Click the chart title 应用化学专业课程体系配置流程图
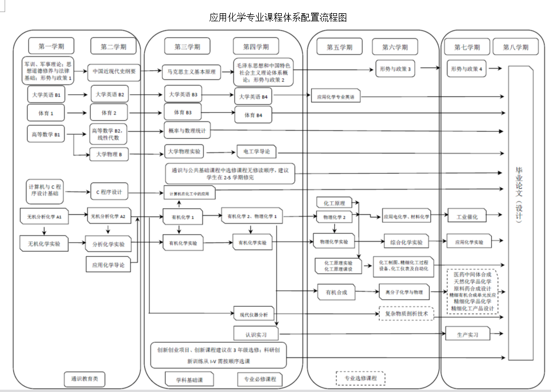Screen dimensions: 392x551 click(278, 17)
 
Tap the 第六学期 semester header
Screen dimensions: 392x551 click(395, 47)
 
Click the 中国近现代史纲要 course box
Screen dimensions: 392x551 click(114, 72)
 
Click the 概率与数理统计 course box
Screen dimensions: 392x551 click(188, 131)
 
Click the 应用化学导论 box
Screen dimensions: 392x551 click(109, 265)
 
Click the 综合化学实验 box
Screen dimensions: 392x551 click(407, 242)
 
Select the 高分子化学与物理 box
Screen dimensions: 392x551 click(404, 292)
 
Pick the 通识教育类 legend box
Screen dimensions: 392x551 click(85, 379)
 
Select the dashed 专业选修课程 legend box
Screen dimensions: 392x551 click(360, 379)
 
